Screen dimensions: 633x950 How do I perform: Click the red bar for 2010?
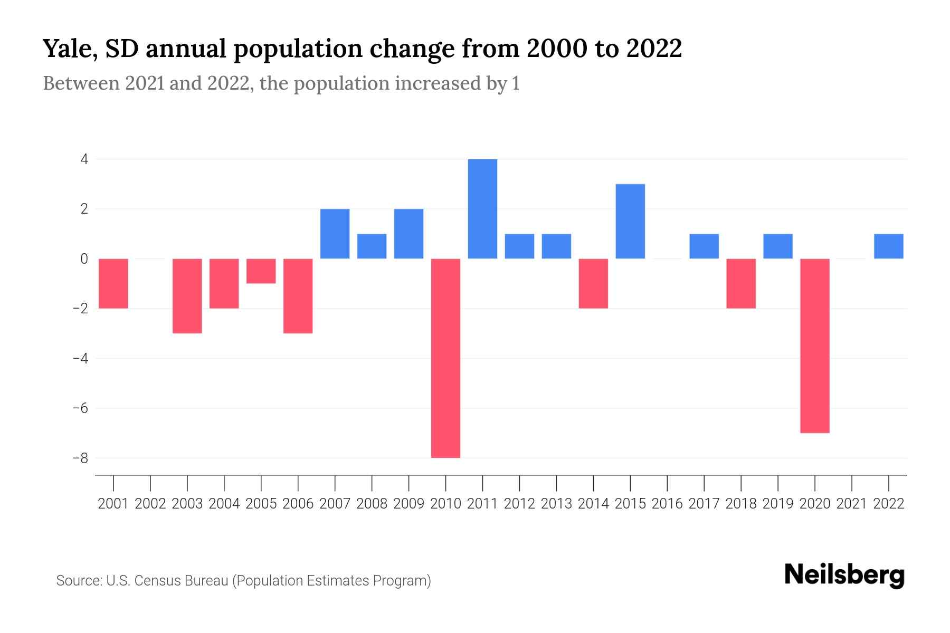pyautogui.click(x=445, y=358)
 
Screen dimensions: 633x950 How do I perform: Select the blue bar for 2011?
pyautogui.click(x=482, y=209)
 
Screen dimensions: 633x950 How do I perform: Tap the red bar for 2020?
pyautogui.click(x=815, y=346)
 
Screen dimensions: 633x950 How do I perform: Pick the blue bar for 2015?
pyautogui.click(x=630, y=222)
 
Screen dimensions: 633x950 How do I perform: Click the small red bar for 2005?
pyautogui.click(x=261, y=271)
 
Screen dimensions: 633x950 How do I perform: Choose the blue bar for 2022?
pyautogui.click(x=889, y=246)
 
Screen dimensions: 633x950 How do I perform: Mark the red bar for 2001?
pyautogui.click(x=113, y=283)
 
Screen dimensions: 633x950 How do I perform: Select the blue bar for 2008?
pyautogui.click(x=372, y=246)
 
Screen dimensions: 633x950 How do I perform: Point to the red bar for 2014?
pyautogui.click(x=593, y=283)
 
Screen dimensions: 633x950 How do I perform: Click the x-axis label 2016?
pyautogui.click(x=667, y=504)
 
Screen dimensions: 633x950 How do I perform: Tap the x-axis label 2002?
pyautogui.click(x=150, y=504)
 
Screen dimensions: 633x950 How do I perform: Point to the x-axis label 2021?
pyautogui.click(x=852, y=504)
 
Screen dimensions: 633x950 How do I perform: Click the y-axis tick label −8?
pyautogui.click(x=80, y=458)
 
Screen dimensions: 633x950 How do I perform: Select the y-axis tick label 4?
pyautogui.click(x=84, y=159)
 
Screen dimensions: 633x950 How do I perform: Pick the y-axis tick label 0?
pyautogui.click(x=84, y=258)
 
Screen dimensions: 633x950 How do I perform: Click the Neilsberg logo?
pyautogui.click(x=844, y=576)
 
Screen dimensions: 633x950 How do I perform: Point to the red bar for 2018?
pyautogui.click(x=741, y=283)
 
